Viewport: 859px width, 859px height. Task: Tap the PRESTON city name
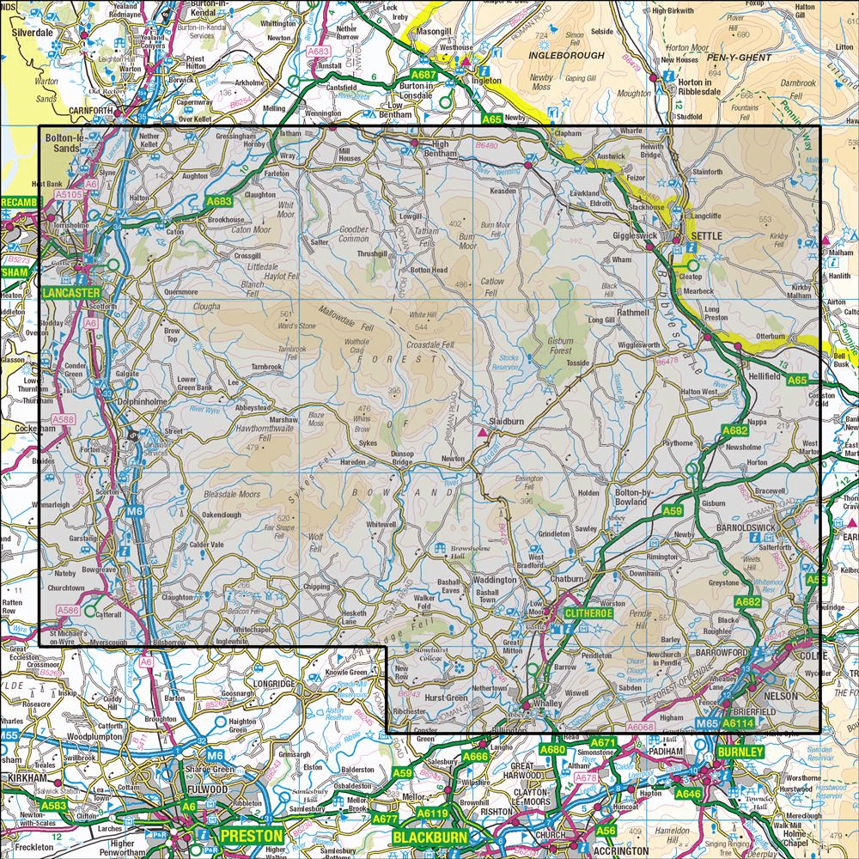coord(251,835)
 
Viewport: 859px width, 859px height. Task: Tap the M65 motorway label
coord(707,725)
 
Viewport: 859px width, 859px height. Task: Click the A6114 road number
coord(738,725)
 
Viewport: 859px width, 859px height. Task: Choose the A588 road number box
coord(63,419)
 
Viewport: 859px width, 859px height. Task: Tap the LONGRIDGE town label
coord(271,683)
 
